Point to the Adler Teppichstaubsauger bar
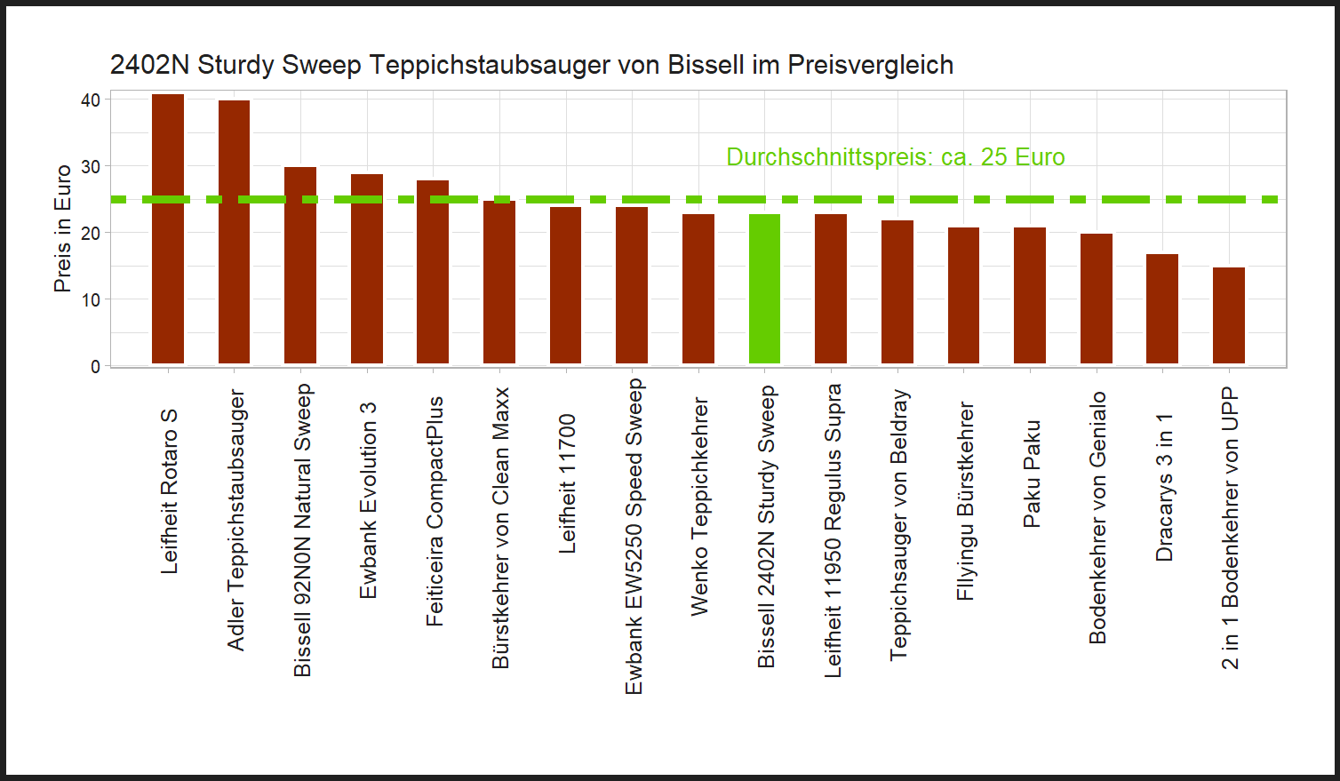(x=234, y=232)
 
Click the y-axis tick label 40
(x=91, y=100)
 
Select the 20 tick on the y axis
(x=91, y=233)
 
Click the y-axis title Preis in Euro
(x=62, y=228)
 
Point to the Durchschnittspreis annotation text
(x=895, y=157)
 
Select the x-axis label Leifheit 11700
(x=567, y=483)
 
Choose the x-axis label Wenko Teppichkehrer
(x=699, y=506)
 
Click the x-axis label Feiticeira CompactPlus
(x=434, y=512)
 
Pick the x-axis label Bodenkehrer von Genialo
(x=1097, y=518)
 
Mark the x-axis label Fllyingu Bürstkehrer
(x=965, y=501)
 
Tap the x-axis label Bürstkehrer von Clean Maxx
(x=500, y=528)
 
